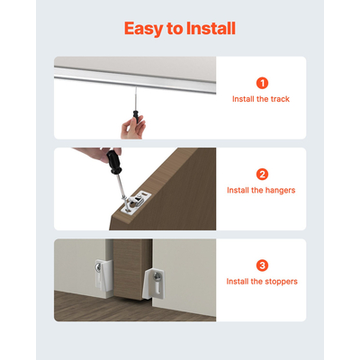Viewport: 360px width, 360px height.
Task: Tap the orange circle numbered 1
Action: (262, 82)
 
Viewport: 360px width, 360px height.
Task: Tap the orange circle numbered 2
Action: (262, 174)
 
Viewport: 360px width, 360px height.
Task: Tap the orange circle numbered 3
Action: (262, 265)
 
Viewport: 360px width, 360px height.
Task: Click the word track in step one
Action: (280, 99)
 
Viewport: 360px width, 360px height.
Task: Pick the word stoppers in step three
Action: (283, 283)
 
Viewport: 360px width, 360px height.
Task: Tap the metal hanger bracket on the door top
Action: (135, 203)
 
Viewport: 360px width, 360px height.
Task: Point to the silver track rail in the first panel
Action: (135, 80)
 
